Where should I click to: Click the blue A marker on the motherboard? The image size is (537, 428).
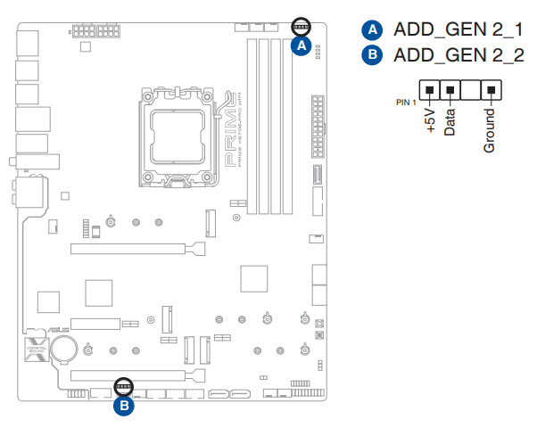pyautogui.click(x=302, y=45)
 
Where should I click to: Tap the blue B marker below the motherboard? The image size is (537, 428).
pyautogui.click(x=124, y=407)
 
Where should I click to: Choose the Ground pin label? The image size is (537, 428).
pyautogui.click(x=489, y=130)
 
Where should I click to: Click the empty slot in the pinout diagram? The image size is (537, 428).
pyautogui.click(x=470, y=90)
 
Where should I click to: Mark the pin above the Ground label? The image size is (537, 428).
pyautogui.click(x=490, y=90)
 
